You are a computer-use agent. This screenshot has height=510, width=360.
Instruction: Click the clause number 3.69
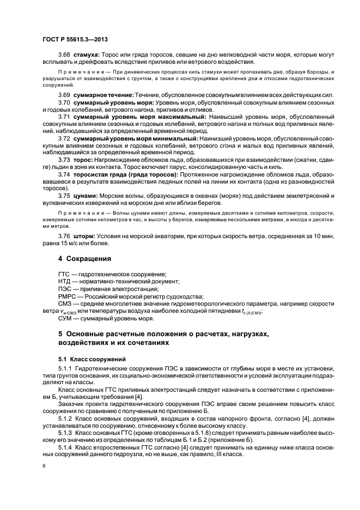[65, 95]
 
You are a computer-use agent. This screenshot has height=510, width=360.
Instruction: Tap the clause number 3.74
[65, 174]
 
